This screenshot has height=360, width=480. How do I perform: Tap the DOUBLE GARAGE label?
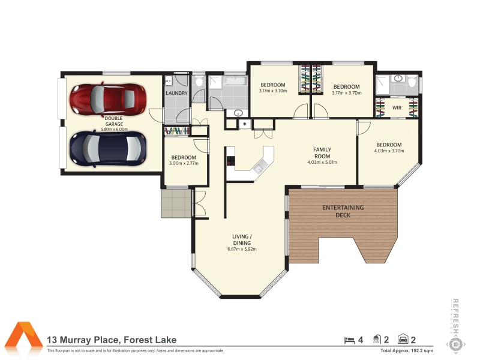pyautogui.click(x=113, y=121)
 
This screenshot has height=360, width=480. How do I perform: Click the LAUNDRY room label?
pyautogui.click(x=176, y=93)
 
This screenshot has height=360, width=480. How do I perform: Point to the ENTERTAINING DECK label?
pyautogui.click(x=343, y=211)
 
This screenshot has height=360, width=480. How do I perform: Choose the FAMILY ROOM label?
pyautogui.click(x=322, y=152)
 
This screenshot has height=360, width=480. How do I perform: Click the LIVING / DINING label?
pyautogui.click(x=242, y=239)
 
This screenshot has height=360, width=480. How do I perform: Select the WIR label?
pyautogui.click(x=397, y=108)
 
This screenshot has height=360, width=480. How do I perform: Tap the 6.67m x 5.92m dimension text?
pyautogui.click(x=242, y=249)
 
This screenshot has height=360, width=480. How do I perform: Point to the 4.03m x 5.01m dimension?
pyautogui.click(x=322, y=162)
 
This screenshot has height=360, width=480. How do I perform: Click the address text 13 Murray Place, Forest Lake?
pyautogui.click(x=112, y=340)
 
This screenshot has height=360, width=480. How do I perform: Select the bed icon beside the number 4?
pyautogui.click(x=349, y=340)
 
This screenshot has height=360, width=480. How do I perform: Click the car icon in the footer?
pyautogui.click(x=404, y=340)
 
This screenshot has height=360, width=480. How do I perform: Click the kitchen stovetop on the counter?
pyautogui.click(x=230, y=161)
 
